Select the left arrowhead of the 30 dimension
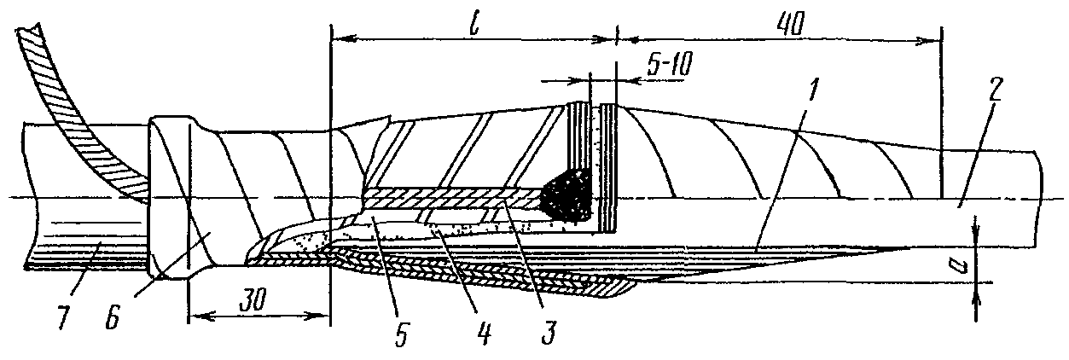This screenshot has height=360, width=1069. pyautogui.click(x=198, y=316)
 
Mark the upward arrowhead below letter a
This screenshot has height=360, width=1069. pyautogui.click(x=976, y=302)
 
